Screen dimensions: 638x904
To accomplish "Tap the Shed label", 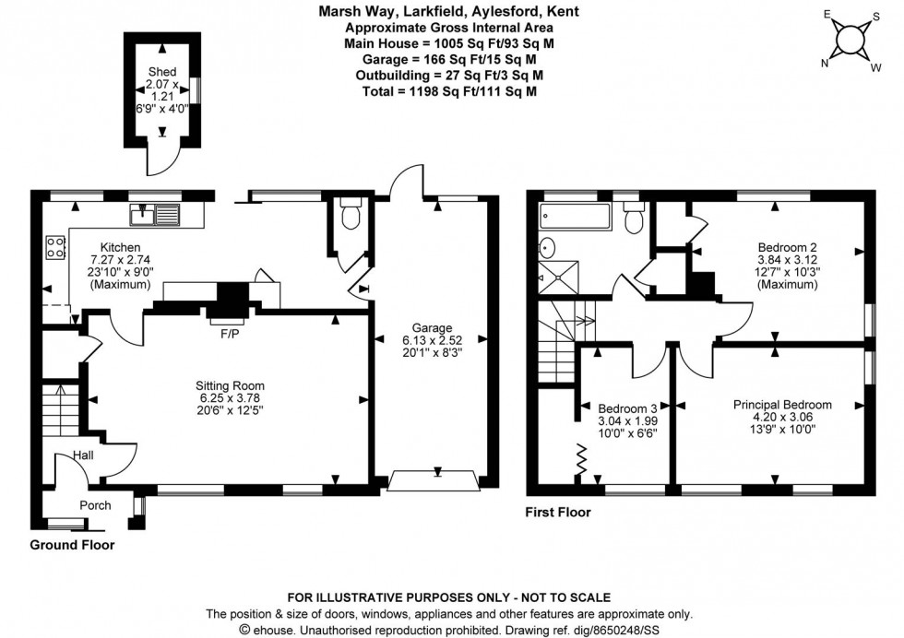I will coord(162,71).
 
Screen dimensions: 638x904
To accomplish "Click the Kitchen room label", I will coord(120,247).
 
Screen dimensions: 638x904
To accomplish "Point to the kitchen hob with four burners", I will coord(54,246).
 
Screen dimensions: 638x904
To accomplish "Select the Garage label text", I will coord(432,327).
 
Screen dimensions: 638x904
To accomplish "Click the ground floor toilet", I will coord(350,215).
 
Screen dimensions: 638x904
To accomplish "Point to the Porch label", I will coord(95,505).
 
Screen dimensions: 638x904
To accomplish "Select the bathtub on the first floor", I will coord(575,219).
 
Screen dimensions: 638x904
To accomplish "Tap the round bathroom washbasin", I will coord(546,247).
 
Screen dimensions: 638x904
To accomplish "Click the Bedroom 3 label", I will coord(626,408).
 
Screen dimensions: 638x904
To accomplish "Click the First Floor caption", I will coord(558,513).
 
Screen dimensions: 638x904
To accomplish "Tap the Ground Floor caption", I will coord(72,545).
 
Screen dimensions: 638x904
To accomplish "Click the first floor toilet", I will coord(633,220).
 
